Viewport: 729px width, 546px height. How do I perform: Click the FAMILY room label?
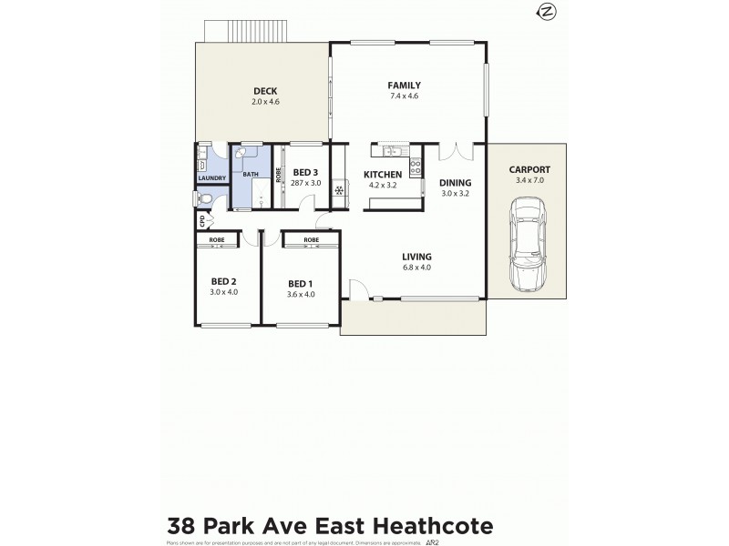click(405, 86)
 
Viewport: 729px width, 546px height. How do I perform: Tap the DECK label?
click(265, 90)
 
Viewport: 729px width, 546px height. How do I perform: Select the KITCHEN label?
click(383, 174)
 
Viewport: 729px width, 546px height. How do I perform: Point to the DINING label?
click(455, 183)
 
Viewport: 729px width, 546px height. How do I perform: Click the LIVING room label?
click(416, 257)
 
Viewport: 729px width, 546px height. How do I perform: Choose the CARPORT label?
click(529, 170)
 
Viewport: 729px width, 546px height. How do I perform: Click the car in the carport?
click(527, 246)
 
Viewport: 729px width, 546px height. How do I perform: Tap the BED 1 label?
click(301, 283)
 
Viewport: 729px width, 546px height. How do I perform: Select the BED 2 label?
click(223, 281)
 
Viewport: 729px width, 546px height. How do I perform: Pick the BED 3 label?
click(305, 173)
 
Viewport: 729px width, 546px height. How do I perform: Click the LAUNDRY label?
click(211, 178)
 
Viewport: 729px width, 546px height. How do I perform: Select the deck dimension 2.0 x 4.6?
click(265, 101)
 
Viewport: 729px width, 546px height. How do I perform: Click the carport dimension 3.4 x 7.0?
click(529, 181)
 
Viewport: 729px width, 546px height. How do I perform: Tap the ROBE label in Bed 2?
click(217, 240)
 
